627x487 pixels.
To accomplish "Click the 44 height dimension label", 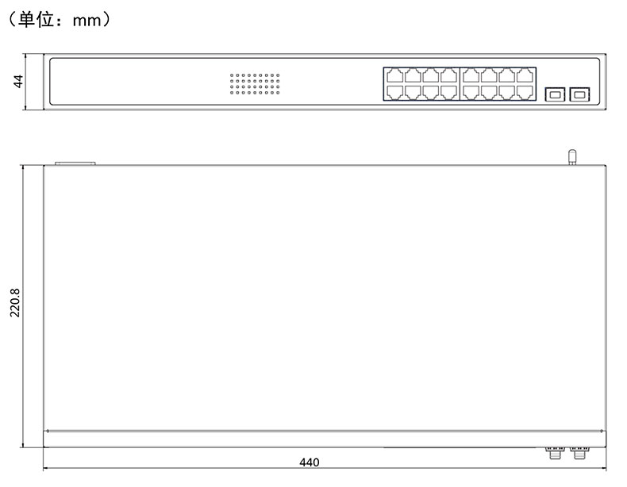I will point(17,82).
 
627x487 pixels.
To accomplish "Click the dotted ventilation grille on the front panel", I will point(255,84).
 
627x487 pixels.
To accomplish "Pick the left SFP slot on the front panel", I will point(554,94).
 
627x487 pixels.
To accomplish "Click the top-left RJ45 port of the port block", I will point(394,76).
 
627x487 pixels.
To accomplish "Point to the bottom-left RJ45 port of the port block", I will point(394,92).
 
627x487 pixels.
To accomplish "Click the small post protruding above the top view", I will point(570,156).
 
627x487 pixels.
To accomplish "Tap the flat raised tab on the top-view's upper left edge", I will point(75,163).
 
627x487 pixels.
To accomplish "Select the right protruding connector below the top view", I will point(579,453).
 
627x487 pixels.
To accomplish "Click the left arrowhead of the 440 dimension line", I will point(45,468).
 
